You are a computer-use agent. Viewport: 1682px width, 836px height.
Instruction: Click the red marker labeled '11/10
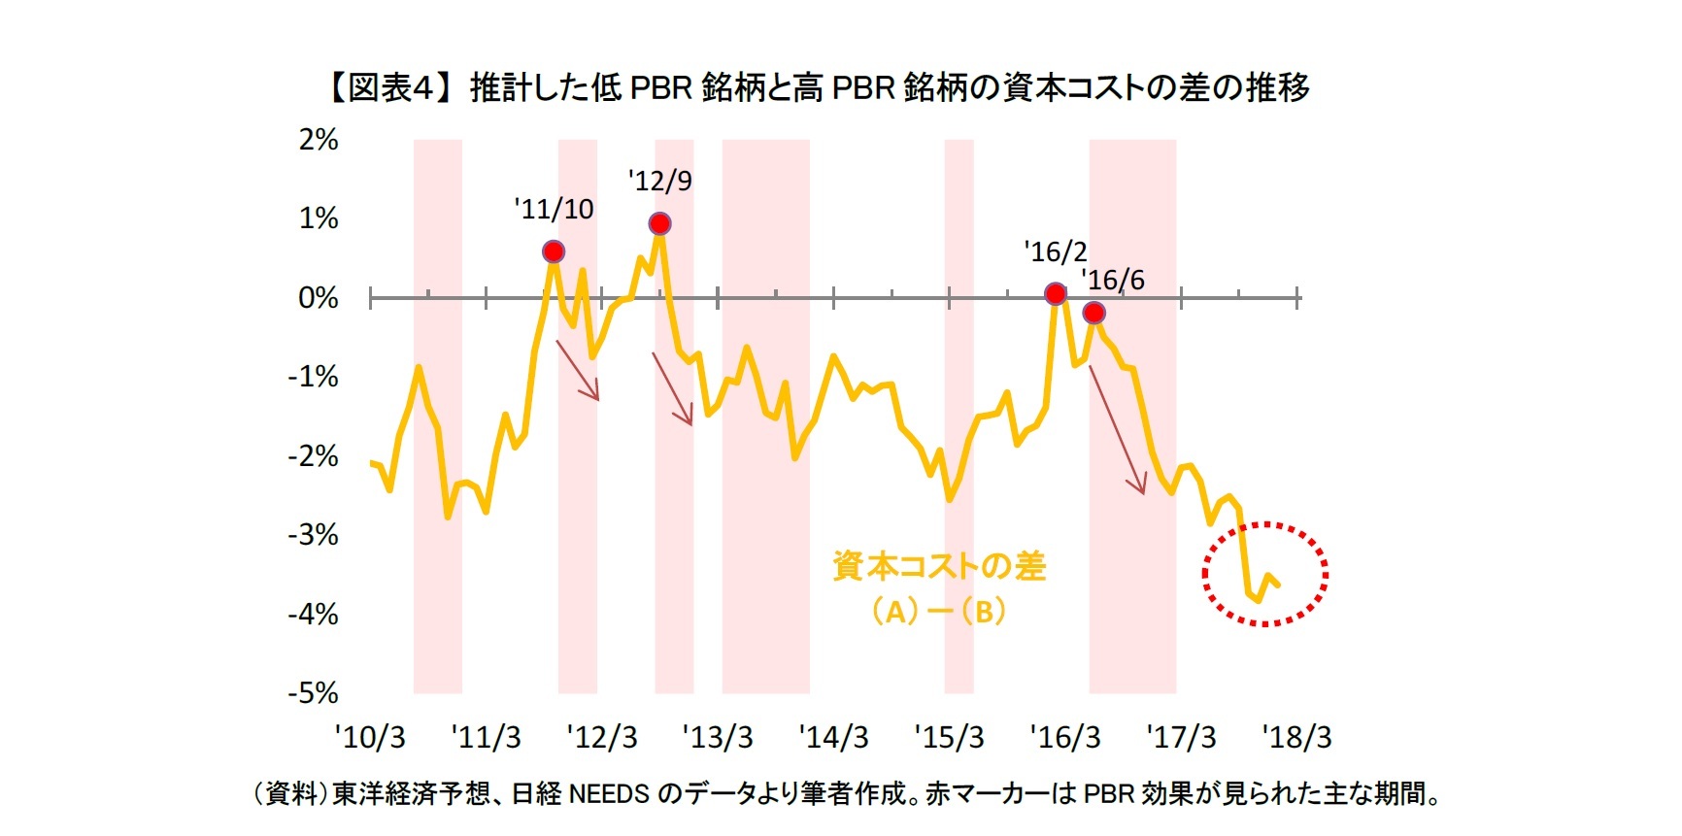click(x=554, y=252)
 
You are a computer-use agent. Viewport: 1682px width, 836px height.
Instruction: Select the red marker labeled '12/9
click(x=659, y=224)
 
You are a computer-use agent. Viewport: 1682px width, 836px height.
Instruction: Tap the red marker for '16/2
click(x=1056, y=294)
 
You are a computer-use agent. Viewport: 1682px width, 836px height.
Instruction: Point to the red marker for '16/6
click(x=1093, y=313)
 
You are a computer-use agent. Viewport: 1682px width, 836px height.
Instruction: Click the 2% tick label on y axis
click(x=319, y=140)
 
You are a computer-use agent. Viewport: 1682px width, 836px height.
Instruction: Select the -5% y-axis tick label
click(x=314, y=693)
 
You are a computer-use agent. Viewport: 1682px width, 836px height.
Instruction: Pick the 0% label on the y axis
click(x=319, y=298)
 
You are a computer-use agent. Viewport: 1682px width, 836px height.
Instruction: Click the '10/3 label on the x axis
click(x=370, y=738)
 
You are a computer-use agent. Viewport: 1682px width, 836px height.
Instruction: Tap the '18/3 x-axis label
click(x=1297, y=738)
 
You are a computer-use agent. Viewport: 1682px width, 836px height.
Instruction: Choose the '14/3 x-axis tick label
click(x=833, y=738)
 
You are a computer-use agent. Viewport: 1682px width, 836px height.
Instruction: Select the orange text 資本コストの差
click(x=938, y=566)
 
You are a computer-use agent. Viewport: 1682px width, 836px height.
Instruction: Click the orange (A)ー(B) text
click(x=938, y=612)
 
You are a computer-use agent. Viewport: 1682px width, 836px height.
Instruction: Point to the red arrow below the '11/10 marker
click(x=578, y=370)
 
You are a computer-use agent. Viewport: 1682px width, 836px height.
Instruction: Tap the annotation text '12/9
click(x=659, y=182)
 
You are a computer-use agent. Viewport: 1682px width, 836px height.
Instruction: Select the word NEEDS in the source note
click(x=608, y=794)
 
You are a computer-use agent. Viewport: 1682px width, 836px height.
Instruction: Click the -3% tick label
click(x=314, y=535)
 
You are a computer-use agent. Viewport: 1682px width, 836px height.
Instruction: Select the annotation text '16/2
click(x=1056, y=252)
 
